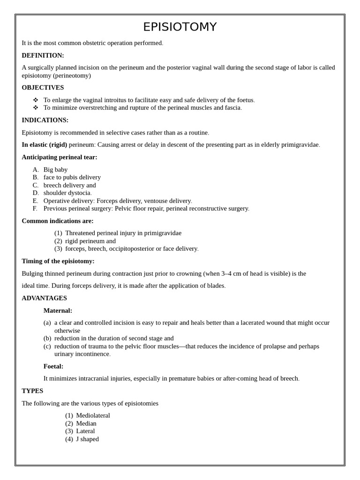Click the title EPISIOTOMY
click(180, 27)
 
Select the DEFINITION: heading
click(43, 55)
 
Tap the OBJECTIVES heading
click(43, 88)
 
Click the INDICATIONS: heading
click(45, 120)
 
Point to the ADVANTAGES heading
click(44, 298)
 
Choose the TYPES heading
click(32, 391)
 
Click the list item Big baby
click(55, 170)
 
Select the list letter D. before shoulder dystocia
click(36, 193)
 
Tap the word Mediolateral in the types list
click(93, 415)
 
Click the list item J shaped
click(87, 439)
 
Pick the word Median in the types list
click(86, 423)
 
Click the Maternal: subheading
click(58, 310)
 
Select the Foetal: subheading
click(53, 366)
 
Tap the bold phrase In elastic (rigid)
click(45, 144)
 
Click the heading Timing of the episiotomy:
click(58, 261)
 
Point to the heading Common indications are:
click(58, 221)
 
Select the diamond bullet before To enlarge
click(36, 100)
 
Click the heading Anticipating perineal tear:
click(60, 157)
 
